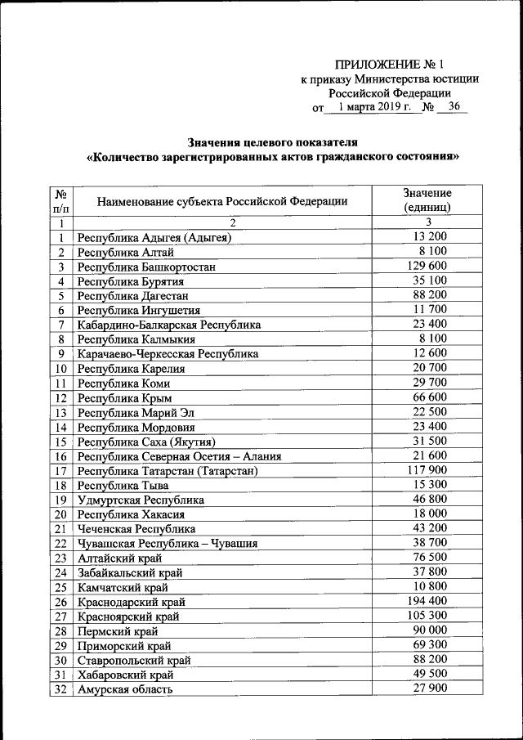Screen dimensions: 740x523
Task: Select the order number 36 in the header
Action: point(454,107)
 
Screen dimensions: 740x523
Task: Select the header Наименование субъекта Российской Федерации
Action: point(222,201)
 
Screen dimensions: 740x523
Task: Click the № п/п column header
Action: point(60,201)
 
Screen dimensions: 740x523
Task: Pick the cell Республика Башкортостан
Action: point(149,267)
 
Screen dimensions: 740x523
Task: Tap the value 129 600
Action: point(427,267)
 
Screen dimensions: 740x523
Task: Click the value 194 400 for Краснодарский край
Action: point(427,601)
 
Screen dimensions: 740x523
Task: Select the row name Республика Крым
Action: point(118,398)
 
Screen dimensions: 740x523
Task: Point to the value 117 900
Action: point(427,470)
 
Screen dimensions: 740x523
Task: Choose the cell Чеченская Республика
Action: point(136,529)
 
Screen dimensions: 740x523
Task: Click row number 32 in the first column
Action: point(60,689)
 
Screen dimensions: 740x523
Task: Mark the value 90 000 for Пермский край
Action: point(427,630)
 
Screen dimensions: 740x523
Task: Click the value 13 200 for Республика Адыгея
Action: point(427,237)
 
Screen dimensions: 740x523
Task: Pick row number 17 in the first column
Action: point(60,471)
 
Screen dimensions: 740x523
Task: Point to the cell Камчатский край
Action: point(123,587)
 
